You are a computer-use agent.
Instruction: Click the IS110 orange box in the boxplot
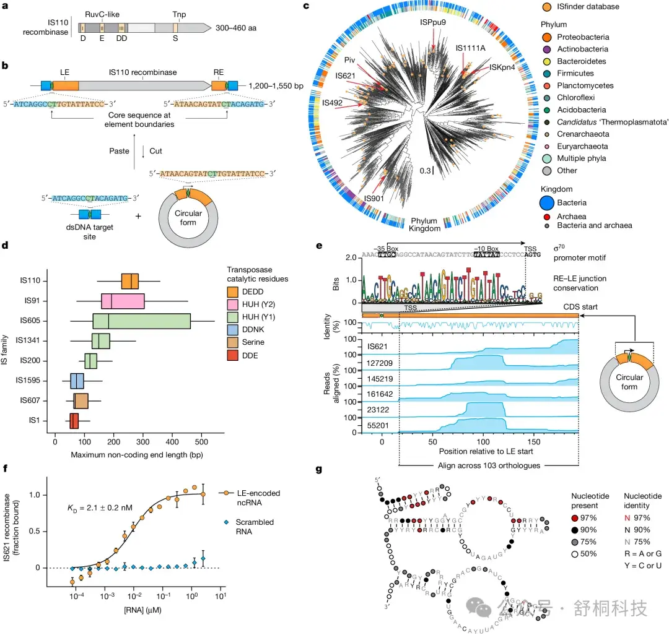130,281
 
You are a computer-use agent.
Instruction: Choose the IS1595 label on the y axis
30,381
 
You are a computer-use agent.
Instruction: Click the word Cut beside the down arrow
156,149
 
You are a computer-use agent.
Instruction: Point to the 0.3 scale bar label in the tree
422,170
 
